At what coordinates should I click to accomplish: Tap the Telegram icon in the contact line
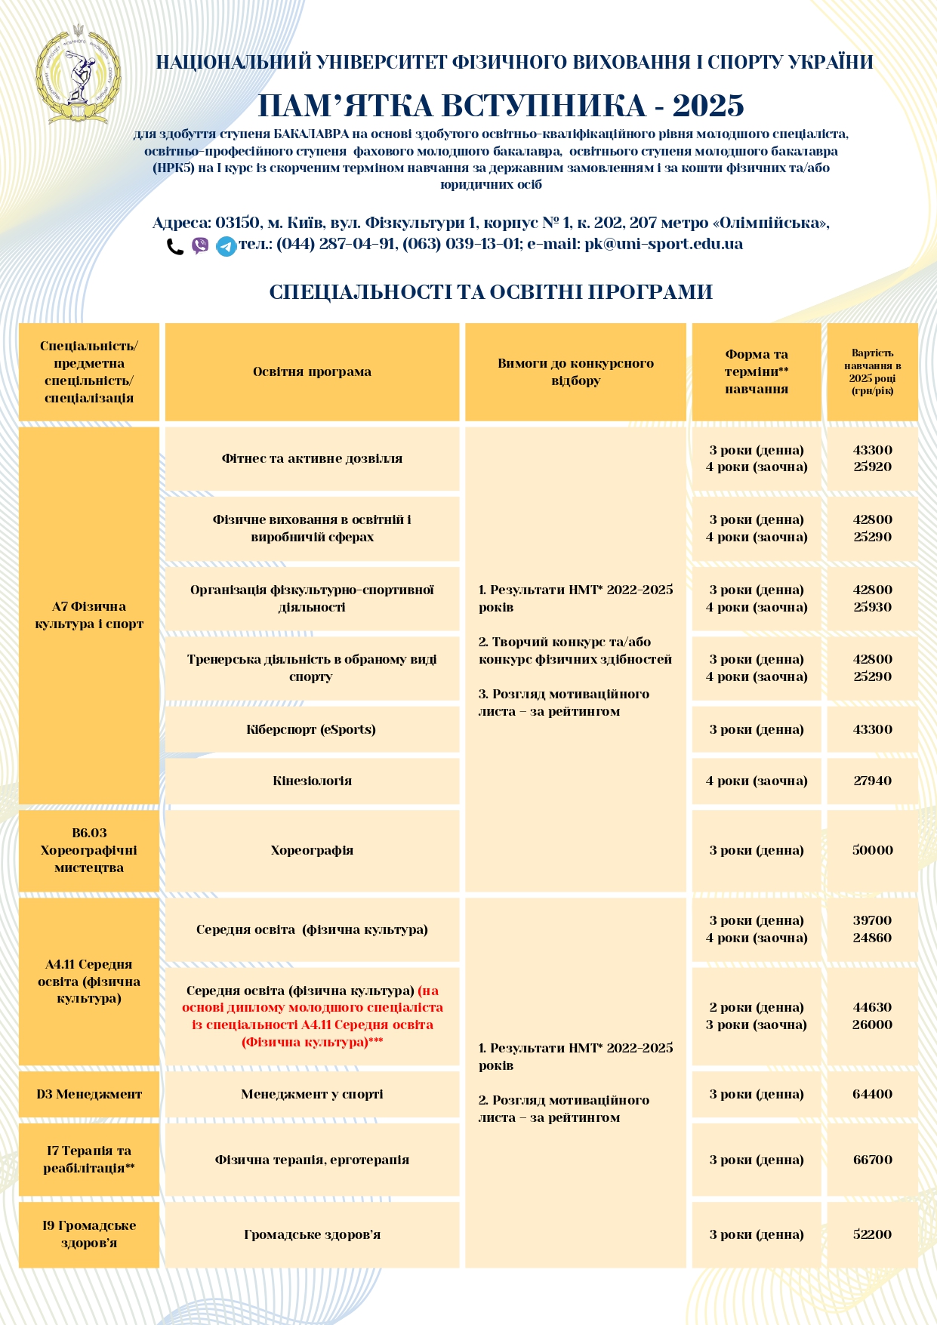226,246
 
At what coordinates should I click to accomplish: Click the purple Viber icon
200,245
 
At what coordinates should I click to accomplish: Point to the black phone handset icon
175,246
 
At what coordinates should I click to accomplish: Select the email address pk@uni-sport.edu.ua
664,244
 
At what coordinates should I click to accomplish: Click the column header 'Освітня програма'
312,371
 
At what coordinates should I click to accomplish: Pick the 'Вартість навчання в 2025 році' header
872,371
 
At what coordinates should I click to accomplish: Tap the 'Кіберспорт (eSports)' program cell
311,729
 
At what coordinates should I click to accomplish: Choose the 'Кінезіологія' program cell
312,781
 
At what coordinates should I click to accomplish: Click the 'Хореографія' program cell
312,850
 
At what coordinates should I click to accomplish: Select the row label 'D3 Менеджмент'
89,1094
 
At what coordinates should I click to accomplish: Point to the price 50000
872,850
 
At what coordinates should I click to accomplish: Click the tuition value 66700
872,1160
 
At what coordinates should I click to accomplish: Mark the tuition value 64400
872,1094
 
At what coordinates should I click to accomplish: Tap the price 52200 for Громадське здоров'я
872,1234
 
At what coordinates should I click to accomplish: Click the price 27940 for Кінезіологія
872,781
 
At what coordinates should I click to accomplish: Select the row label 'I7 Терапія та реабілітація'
89,1160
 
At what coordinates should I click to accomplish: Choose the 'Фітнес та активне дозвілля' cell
312,458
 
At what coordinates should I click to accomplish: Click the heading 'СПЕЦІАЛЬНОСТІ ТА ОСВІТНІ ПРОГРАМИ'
491,292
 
